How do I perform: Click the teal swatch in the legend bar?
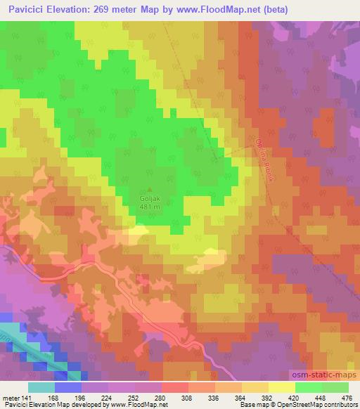point(41,387)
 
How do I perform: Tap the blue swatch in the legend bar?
point(69,387)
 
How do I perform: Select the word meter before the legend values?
point(11,398)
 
